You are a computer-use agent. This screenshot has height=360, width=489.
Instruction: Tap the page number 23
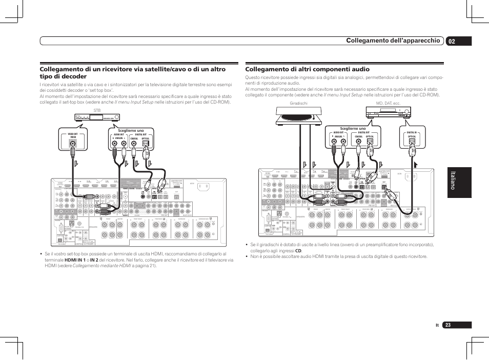pos(449,325)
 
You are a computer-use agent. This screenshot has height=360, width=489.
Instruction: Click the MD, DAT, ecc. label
pos(388,104)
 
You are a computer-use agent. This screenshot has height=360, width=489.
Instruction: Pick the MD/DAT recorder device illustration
pos(388,113)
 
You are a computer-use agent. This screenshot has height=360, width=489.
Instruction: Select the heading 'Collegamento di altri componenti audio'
pos(307,69)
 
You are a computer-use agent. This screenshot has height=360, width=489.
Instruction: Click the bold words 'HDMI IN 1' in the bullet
pos(75,260)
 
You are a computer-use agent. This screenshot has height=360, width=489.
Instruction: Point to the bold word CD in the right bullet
pos(298,251)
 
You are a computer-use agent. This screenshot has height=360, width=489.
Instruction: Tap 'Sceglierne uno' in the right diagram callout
pos(352,128)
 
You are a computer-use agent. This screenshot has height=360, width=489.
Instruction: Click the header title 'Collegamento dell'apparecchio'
pos(393,41)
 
